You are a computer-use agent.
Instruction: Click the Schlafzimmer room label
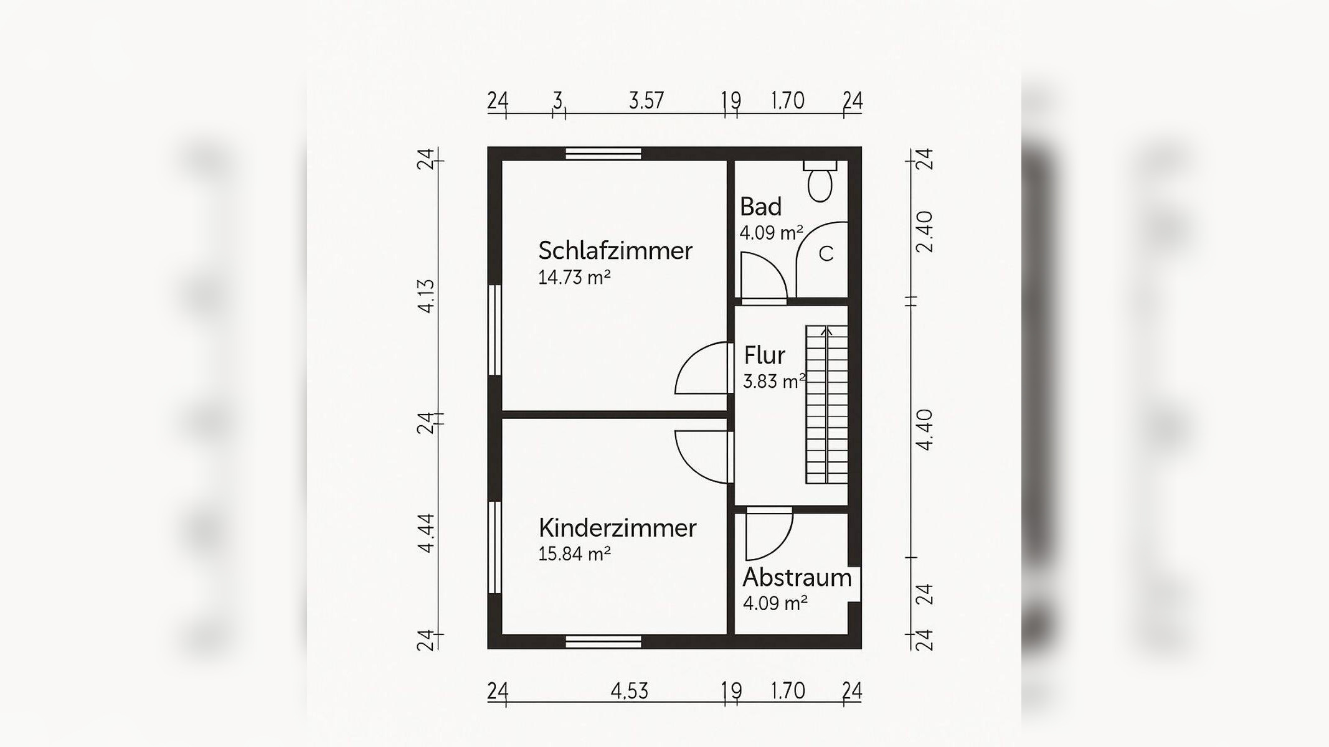(615, 251)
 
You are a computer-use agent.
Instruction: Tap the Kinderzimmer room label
(617, 528)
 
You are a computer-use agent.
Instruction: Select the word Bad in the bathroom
(760, 207)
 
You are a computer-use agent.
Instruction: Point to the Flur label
(764, 355)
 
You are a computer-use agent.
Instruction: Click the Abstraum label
(797, 578)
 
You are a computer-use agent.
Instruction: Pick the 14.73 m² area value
(574, 278)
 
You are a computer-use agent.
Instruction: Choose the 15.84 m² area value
(574, 553)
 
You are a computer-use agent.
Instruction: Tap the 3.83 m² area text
(774, 382)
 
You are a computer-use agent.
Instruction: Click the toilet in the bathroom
(820, 182)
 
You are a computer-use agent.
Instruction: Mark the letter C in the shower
(826, 254)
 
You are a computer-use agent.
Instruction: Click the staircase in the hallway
(827, 405)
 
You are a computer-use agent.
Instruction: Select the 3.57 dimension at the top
(646, 100)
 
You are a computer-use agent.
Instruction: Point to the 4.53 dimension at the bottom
(629, 691)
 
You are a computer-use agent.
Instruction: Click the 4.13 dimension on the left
(426, 296)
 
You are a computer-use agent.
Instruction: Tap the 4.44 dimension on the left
(426, 533)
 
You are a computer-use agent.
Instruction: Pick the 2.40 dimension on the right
(925, 232)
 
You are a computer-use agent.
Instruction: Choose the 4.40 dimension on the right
(925, 430)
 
